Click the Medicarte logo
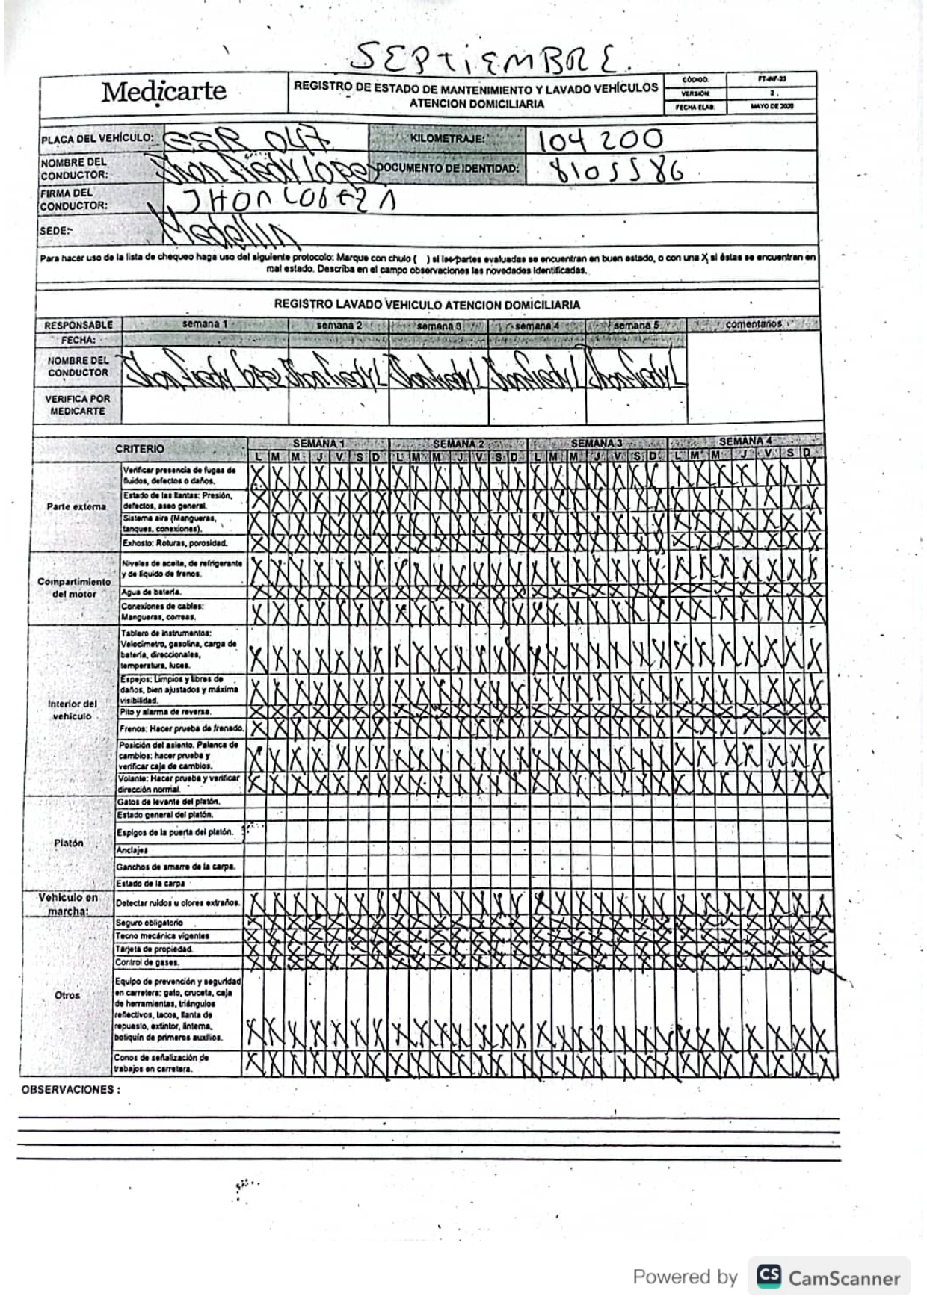pos(164,92)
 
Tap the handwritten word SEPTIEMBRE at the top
pos(493,57)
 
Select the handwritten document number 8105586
pos(618,171)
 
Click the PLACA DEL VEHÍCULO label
pos(97,138)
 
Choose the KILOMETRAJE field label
pos(447,138)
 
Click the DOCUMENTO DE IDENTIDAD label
pos(447,168)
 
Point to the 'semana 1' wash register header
pos(204,324)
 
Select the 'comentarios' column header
pos(754,324)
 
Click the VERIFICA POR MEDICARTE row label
pos(77,405)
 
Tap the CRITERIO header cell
pos(139,449)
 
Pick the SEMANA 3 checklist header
pos(596,443)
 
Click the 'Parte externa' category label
pos(76,506)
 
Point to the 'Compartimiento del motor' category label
pos(74,588)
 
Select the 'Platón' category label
pos(69,843)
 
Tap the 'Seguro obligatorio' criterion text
pos(149,923)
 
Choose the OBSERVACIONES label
pos(70,1089)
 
